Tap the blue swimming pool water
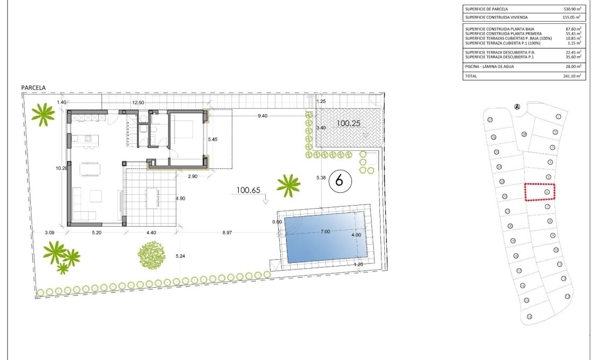325,239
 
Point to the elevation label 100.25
348,123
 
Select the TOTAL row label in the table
471,76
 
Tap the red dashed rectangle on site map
540,192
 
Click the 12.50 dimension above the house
138,102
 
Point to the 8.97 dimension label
227,233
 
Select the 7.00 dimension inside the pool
325,232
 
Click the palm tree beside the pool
289,184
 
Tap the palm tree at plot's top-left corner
42,114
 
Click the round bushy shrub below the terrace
152,254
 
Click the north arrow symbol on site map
517,107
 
